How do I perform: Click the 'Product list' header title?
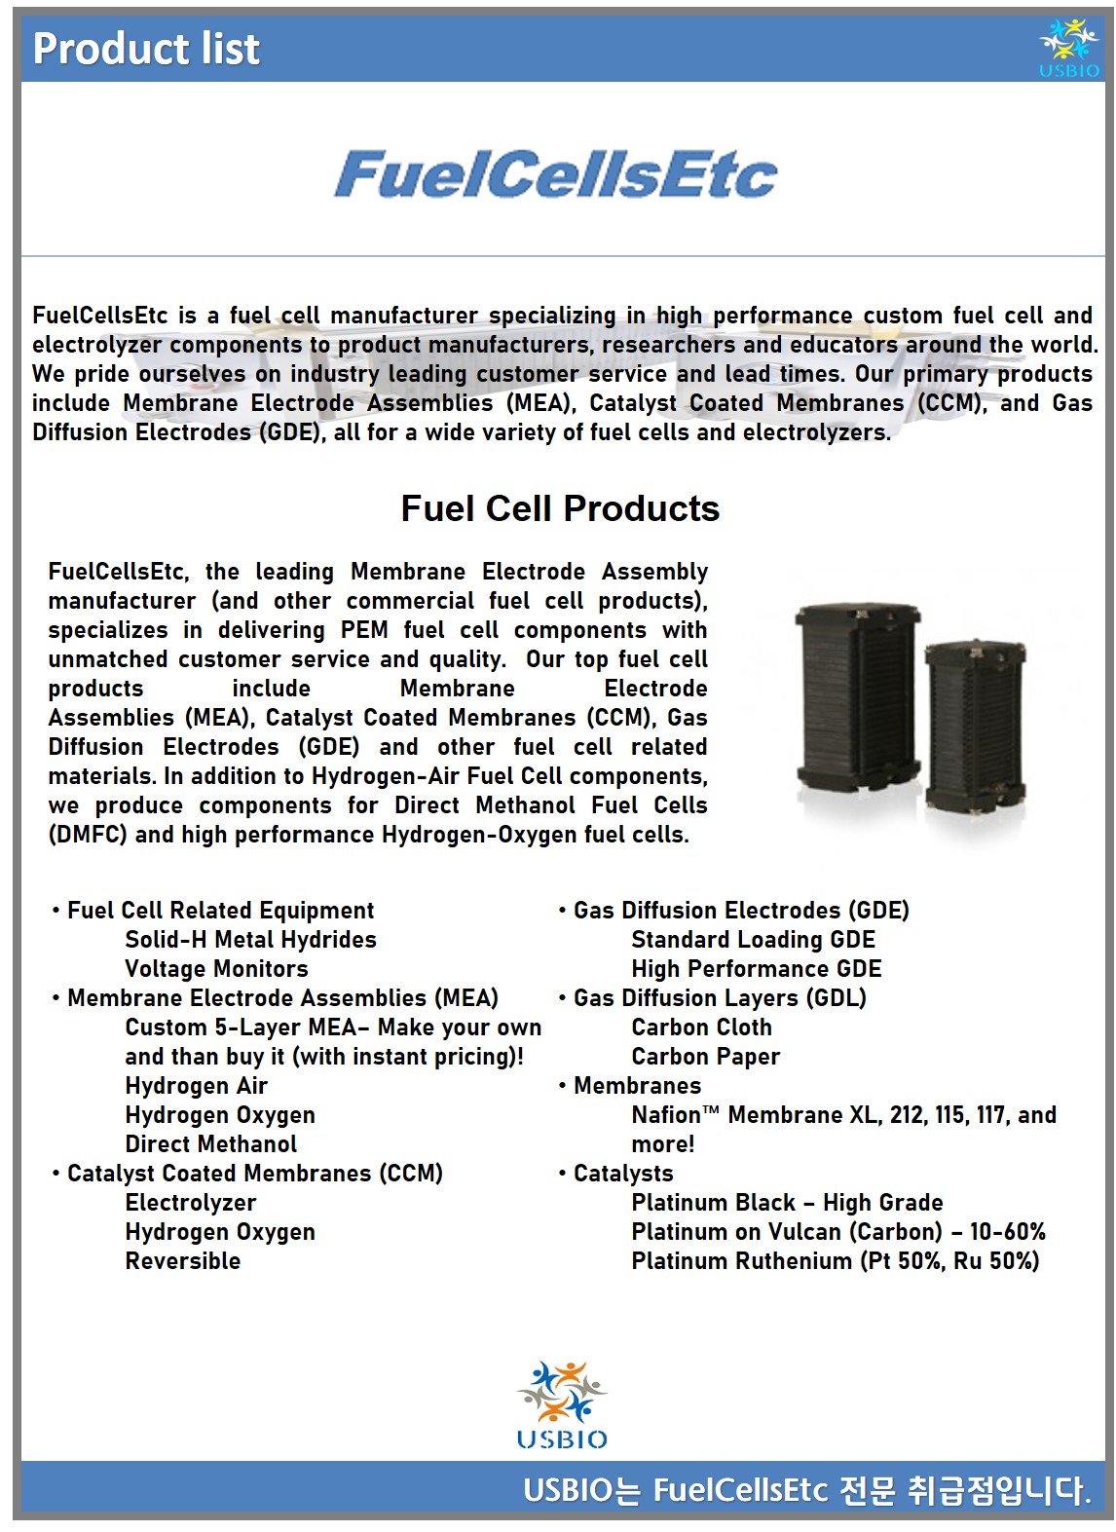[146, 49]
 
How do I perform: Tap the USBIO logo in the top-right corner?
[1068, 48]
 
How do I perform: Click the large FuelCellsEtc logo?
[555, 174]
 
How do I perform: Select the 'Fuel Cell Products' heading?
[560, 508]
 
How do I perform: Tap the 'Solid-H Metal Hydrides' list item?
[250, 940]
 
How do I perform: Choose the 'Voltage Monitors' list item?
[216, 969]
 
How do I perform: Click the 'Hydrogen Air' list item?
[196, 1086]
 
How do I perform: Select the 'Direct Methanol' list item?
[210, 1144]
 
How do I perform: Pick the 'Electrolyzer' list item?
[191, 1203]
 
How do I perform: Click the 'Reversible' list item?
[182, 1261]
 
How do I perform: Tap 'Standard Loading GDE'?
[753, 940]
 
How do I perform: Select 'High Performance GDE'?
[756, 969]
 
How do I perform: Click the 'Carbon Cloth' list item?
[701, 1028]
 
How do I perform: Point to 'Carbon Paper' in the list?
[705, 1057]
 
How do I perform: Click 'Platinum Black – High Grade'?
[787, 1203]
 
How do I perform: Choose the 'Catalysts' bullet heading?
[623, 1174]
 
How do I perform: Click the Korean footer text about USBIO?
[806, 1490]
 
